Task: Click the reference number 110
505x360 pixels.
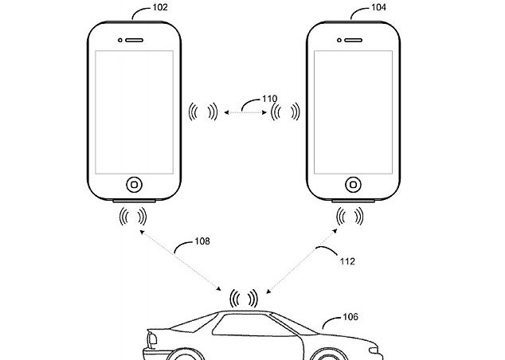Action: [271, 100]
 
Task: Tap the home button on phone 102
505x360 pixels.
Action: [135, 183]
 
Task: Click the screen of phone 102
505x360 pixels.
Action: [135, 112]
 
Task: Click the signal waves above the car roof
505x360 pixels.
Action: [243, 299]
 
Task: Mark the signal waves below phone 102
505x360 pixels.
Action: [133, 214]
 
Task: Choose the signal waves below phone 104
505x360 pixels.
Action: [351, 214]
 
